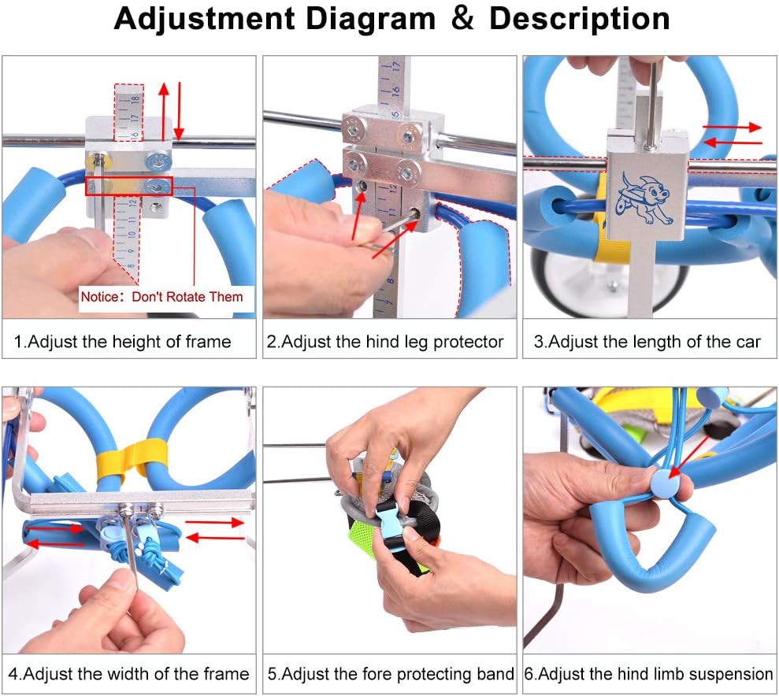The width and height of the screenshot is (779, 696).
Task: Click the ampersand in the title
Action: pos(463,20)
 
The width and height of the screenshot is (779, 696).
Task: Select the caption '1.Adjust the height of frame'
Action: pos(123,342)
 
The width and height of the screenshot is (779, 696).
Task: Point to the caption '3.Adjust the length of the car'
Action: pos(647,342)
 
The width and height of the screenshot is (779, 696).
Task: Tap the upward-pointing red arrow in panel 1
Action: pos(164,109)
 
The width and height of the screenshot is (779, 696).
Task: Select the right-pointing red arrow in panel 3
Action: pos(732,126)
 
